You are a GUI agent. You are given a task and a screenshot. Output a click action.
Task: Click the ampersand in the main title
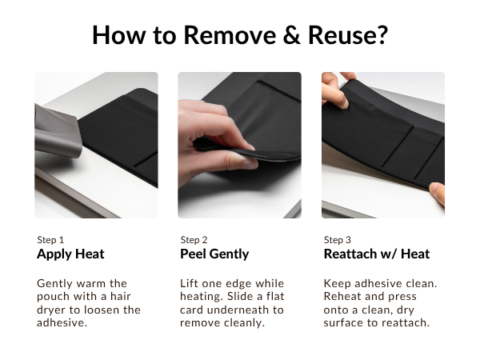(286, 35)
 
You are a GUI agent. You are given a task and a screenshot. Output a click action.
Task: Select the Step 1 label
(50, 239)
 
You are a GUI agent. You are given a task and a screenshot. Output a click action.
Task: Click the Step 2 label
(194, 239)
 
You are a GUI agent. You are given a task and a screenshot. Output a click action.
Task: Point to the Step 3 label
(338, 239)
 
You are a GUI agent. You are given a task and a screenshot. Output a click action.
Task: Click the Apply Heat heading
(70, 254)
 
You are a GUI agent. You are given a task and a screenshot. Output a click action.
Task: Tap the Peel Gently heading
(214, 254)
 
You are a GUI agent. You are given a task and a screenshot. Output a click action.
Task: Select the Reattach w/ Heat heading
(377, 254)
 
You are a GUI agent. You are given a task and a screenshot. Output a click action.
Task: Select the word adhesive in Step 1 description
(60, 322)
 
